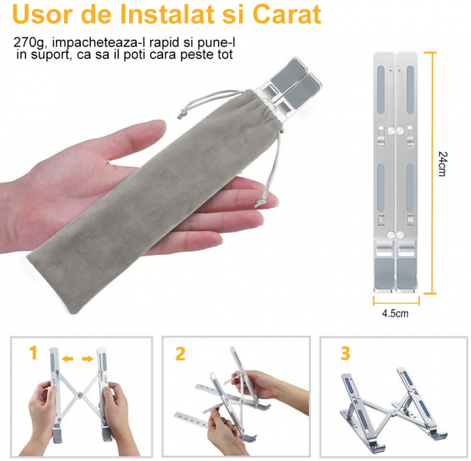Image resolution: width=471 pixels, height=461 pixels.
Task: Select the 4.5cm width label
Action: tap(396, 312)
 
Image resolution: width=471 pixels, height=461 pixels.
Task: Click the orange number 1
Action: tap(33, 353)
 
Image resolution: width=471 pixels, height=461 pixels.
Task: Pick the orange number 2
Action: tap(180, 353)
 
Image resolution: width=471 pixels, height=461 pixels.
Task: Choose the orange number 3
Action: tap(345, 353)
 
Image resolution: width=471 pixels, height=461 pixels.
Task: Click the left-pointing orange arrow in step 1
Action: tap(67, 359)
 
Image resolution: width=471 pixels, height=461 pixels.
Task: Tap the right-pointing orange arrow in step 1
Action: tap(87, 359)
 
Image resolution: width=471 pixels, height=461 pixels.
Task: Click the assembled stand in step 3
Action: tap(393, 404)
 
